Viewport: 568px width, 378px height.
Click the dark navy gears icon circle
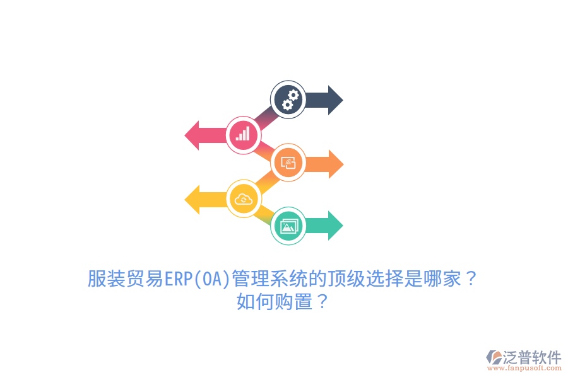click(x=288, y=100)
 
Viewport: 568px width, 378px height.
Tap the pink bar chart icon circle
click(x=244, y=135)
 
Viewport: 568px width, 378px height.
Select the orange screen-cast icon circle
click(x=288, y=163)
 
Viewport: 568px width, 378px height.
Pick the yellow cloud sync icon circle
click(x=244, y=198)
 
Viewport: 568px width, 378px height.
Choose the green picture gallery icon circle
click(x=288, y=226)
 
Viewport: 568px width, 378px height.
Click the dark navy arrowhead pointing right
click(x=336, y=100)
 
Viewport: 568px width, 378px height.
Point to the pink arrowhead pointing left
click(x=192, y=135)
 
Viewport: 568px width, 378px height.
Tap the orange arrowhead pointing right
click(x=336, y=164)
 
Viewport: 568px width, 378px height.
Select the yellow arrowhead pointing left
click(x=192, y=199)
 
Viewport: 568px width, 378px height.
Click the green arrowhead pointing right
click(x=336, y=226)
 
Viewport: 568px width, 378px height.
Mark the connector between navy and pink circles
click(x=266, y=118)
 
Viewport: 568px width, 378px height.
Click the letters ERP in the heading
click(x=179, y=279)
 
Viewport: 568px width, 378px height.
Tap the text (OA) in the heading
click(x=212, y=279)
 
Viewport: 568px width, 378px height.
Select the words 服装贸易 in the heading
click(x=126, y=279)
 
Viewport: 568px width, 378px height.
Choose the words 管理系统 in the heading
click(x=269, y=279)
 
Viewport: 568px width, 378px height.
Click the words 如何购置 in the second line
click(x=275, y=302)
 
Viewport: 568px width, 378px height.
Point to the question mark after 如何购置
click(x=322, y=302)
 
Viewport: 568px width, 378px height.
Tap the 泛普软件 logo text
click(x=532, y=357)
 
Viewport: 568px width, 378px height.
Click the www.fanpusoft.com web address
click(x=524, y=368)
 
